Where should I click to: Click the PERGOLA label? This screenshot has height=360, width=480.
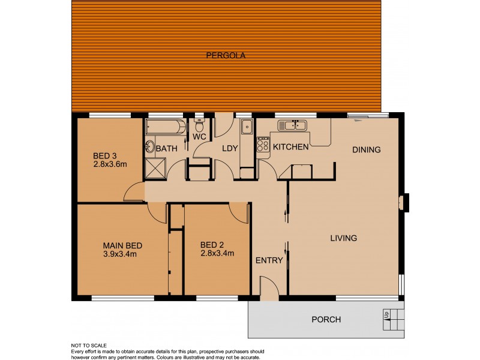226,55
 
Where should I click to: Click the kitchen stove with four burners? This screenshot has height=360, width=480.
263,145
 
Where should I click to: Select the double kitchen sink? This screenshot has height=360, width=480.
292,125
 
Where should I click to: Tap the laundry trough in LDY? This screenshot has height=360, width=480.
247,127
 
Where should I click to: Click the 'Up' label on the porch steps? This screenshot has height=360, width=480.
386,314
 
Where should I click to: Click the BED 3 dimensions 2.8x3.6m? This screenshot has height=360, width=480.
110,163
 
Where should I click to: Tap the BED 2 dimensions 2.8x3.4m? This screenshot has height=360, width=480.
217,253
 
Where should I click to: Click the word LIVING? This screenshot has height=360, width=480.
344,238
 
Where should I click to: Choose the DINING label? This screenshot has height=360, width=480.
366,149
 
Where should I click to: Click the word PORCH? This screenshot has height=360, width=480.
326,319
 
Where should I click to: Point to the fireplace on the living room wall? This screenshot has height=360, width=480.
405,202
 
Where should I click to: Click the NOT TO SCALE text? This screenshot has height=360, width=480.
89,346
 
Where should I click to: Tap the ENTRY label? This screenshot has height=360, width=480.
269,260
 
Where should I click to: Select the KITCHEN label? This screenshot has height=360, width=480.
291,147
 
